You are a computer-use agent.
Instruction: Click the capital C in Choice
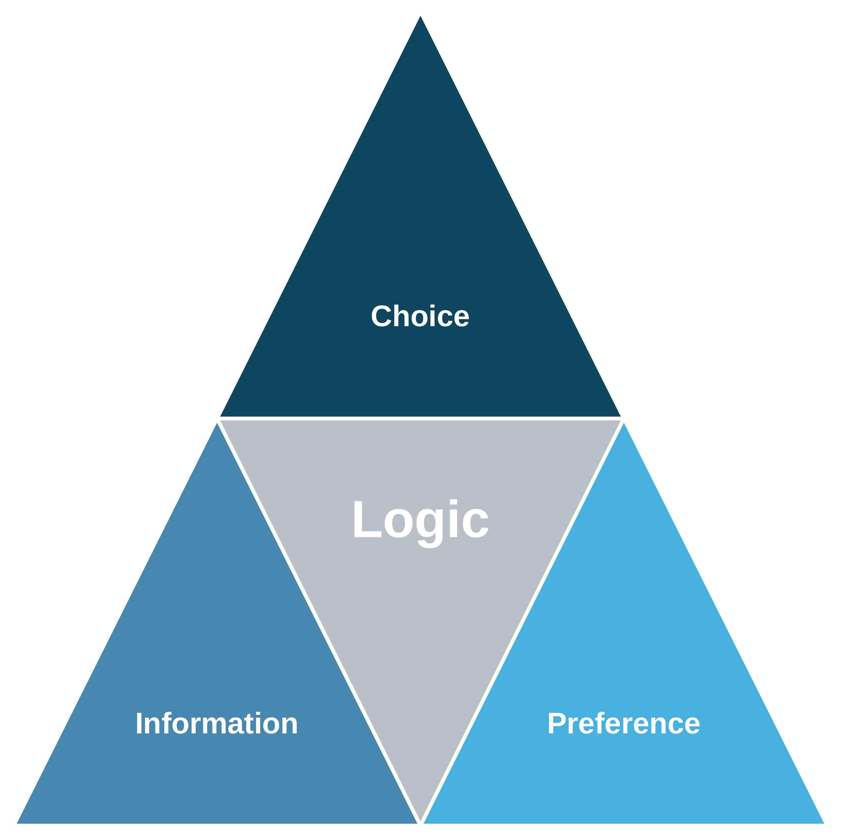coord(381,316)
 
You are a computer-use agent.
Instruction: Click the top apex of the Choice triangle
coord(420,16)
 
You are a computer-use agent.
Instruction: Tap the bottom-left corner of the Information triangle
coord(17,823)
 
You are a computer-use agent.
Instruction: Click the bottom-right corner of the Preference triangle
coord(824,823)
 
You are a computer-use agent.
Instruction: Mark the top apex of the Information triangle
coord(217,423)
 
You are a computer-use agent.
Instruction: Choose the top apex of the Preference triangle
coord(624,423)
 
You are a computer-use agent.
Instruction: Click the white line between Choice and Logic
coord(420,418)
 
